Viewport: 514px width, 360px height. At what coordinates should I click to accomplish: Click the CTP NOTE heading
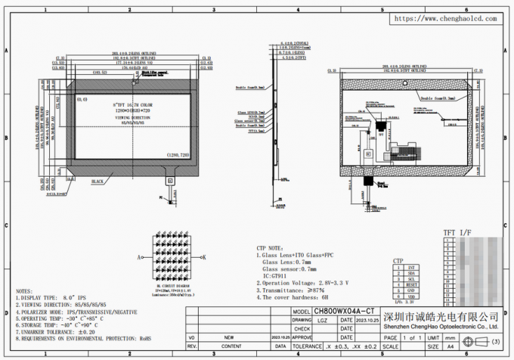click(268, 247)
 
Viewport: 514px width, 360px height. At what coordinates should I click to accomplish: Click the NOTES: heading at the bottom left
click(25, 291)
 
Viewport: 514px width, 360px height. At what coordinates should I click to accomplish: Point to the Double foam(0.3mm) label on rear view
click(437, 98)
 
